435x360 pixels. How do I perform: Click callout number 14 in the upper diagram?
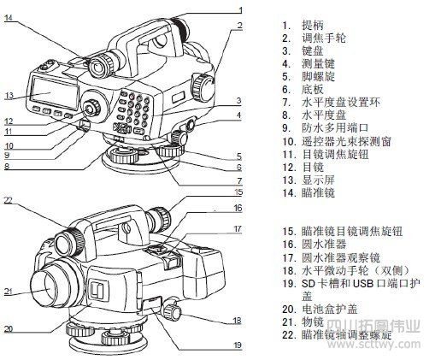[x=9, y=18]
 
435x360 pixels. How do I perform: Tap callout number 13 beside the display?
[x=9, y=95]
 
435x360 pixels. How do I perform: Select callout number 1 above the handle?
[x=241, y=9]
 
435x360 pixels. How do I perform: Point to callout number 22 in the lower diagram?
[x=8, y=200]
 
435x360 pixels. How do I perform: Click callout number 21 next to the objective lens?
[x=9, y=292]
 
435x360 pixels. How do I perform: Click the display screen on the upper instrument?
[x=52, y=88]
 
